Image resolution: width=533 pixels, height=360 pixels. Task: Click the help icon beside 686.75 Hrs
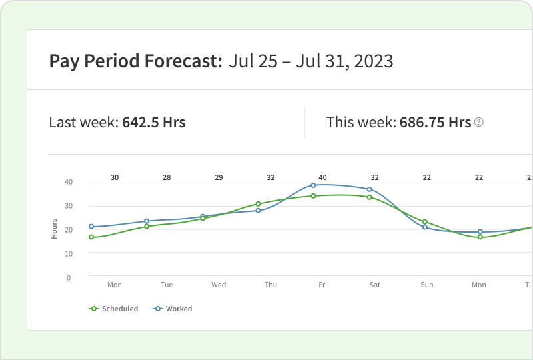click(x=478, y=123)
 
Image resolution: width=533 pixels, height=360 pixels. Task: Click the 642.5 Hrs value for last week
click(x=153, y=123)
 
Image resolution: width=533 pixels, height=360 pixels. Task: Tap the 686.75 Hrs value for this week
click(x=435, y=123)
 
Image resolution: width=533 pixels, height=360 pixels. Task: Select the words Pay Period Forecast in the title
click(x=135, y=62)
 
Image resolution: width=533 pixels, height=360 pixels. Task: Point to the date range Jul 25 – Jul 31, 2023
click(x=310, y=62)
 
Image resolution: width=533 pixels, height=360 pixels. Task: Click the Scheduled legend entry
click(x=114, y=309)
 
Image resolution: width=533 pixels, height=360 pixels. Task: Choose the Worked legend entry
click(x=173, y=309)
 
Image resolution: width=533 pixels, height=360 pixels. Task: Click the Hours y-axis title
click(x=55, y=229)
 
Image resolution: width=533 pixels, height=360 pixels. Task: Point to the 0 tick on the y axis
click(x=69, y=277)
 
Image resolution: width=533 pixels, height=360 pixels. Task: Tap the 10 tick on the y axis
click(x=67, y=253)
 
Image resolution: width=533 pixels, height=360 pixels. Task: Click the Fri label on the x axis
click(x=322, y=285)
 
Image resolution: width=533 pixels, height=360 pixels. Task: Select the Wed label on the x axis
click(x=219, y=285)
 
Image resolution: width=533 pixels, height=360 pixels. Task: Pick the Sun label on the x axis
click(x=426, y=285)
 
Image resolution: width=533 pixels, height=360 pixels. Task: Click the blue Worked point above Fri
click(x=313, y=185)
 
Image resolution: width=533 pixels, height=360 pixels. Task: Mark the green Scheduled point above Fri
click(x=313, y=196)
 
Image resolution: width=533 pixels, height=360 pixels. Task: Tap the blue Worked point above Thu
click(x=258, y=211)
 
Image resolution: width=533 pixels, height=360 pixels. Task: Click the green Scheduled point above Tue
click(x=147, y=227)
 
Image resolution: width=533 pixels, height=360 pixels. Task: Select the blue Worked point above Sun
click(x=424, y=227)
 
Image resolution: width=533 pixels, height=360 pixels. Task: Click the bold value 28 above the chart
click(x=167, y=177)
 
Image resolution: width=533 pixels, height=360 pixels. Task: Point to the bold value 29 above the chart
click(x=219, y=177)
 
